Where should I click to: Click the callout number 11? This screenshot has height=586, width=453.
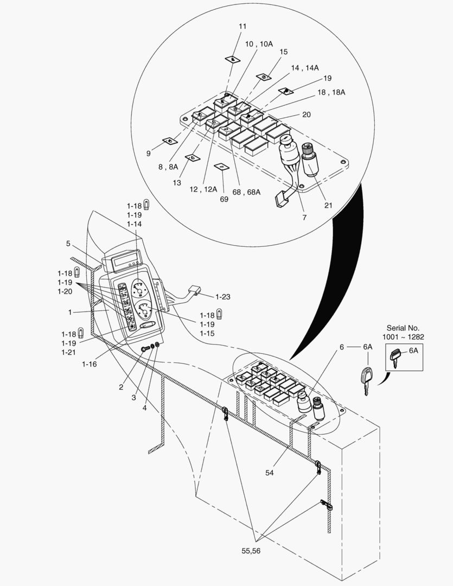(x=243, y=27)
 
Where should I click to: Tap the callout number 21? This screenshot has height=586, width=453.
(x=328, y=205)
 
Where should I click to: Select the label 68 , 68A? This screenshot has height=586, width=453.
(x=246, y=192)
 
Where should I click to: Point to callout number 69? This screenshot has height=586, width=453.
(x=224, y=199)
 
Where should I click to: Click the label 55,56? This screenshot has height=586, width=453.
(x=251, y=551)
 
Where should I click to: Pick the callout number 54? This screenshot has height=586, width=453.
(x=270, y=473)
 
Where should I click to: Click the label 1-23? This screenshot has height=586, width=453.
(x=223, y=297)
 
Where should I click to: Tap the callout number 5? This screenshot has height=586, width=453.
(x=68, y=244)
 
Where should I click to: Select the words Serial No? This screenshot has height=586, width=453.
(x=403, y=328)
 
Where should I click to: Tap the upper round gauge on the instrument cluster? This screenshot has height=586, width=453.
(x=139, y=288)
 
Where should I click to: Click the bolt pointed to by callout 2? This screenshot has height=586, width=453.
(x=145, y=349)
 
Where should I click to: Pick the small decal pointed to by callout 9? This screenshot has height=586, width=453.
(x=170, y=141)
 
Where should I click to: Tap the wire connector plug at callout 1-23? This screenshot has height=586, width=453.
(x=194, y=290)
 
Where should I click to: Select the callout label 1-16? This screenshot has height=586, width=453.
(x=90, y=364)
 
